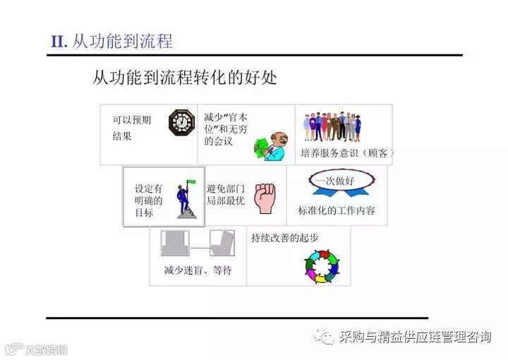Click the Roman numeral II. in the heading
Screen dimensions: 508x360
pos(59,41)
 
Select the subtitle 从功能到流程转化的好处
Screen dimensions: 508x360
pos(185,77)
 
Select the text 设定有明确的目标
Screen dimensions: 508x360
pos(148,200)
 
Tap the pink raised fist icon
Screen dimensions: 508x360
pos(265,198)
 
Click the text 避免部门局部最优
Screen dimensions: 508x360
pos(225,194)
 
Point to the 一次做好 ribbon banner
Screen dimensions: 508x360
pos(335,182)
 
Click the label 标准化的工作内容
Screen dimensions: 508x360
pos(337,211)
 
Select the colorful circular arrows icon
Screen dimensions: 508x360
pos(322,268)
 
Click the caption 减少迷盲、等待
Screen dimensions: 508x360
pos(198,270)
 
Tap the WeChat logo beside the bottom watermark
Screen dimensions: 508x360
pos(325,337)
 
